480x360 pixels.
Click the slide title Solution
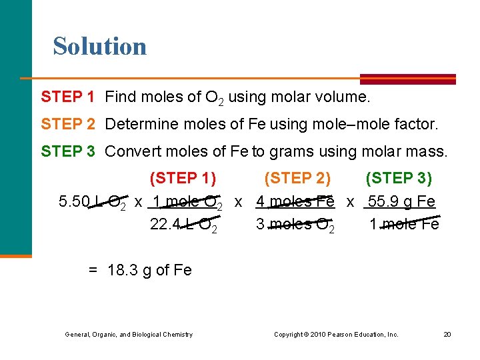(x=100, y=47)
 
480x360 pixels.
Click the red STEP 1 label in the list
(x=67, y=97)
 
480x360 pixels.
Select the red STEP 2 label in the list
(x=67, y=124)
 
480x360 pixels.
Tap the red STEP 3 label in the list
(x=67, y=151)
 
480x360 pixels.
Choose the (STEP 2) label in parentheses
(x=297, y=179)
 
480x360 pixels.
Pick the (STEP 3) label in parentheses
(x=399, y=179)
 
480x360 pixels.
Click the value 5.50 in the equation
(x=73, y=202)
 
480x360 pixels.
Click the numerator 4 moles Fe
(x=295, y=202)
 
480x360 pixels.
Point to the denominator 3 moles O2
(x=295, y=225)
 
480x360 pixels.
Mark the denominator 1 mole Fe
(x=404, y=225)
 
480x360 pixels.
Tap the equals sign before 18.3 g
(x=93, y=270)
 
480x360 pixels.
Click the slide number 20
(x=447, y=334)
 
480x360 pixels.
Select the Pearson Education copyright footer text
(x=336, y=334)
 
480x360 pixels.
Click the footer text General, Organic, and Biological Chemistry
(x=129, y=334)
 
